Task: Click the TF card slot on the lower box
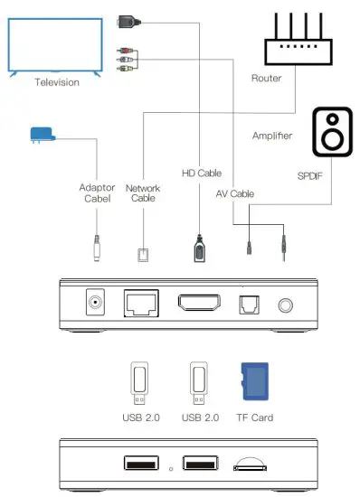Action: click(x=251, y=466)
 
